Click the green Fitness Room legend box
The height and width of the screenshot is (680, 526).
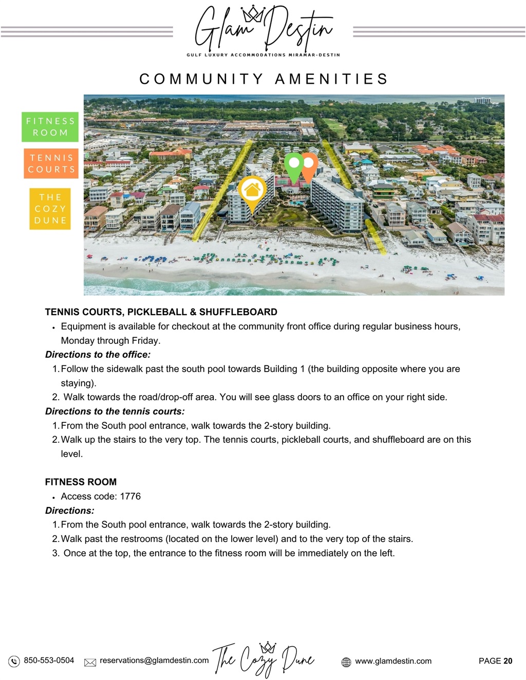(x=50, y=127)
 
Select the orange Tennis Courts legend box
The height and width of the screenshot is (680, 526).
(x=51, y=163)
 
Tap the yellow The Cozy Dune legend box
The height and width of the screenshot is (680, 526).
(x=50, y=209)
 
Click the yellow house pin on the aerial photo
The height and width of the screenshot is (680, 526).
(x=252, y=191)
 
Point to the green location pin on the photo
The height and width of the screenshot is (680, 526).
(x=294, y=164)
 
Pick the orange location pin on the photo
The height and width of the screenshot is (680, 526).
(x=309, y=164)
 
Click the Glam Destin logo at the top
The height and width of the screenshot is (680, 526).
(x=263, y=30)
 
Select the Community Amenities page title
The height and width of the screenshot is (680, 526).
(x=263, y=79)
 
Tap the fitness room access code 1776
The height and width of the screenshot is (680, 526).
(x=130, y=496)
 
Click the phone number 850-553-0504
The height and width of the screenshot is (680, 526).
(x=49, y=660)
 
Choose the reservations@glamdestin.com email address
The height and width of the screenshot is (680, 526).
(x=154, y=660)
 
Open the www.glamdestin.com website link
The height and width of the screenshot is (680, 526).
(x=393, y=661)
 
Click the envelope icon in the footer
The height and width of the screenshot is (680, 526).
(x=90, y=662)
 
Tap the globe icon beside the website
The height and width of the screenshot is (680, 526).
(x=346, y=662)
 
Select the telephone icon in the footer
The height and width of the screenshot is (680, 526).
(x=14, y=661)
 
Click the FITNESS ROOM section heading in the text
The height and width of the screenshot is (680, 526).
(x=81, y=482)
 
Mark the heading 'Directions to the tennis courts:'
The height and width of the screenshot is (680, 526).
(x=115, y=411)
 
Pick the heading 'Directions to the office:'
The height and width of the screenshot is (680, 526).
(x=98, y=355)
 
